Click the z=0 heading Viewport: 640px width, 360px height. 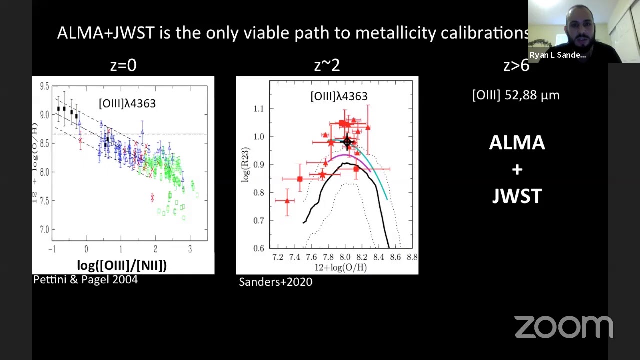(x=123, y=65)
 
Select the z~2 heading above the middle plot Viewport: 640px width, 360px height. (x=327, y=65)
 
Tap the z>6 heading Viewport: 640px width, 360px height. (x=516, y=65)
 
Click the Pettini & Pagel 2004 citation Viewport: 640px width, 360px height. (x=85, y=280)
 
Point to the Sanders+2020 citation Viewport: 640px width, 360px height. (x=275, y=282)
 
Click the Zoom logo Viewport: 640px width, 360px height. (x=563, y=327)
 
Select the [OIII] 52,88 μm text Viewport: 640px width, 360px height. (x=516, y=95)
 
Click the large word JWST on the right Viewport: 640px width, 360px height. (x=517, y=196)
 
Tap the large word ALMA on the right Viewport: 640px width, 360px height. (x=517, y=143)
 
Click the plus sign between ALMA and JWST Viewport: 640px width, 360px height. (x=517, y=170)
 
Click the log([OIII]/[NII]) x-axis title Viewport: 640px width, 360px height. (x=122, y=265)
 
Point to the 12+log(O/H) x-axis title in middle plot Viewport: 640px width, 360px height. (x=341, y=267)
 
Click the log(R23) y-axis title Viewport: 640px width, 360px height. (x=245, y=165)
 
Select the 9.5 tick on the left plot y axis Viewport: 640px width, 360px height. (x=44, y=86)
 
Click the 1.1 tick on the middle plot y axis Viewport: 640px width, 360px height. (x=259, y=108)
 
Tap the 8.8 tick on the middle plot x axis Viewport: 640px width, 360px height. (x=412, y=257)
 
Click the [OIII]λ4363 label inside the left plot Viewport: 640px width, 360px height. (x=127, y=103)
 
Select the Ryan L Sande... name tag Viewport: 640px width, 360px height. (x=557, y=55)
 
